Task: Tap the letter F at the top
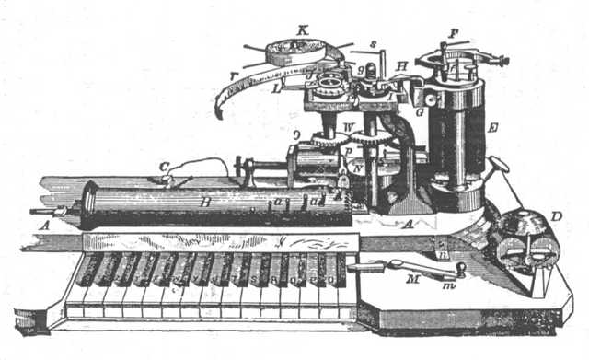(x=451, y=31)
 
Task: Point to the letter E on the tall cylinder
(x=493, y=127)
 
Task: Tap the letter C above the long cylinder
(x=164, y=167)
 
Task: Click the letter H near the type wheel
(x=402, y=65)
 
